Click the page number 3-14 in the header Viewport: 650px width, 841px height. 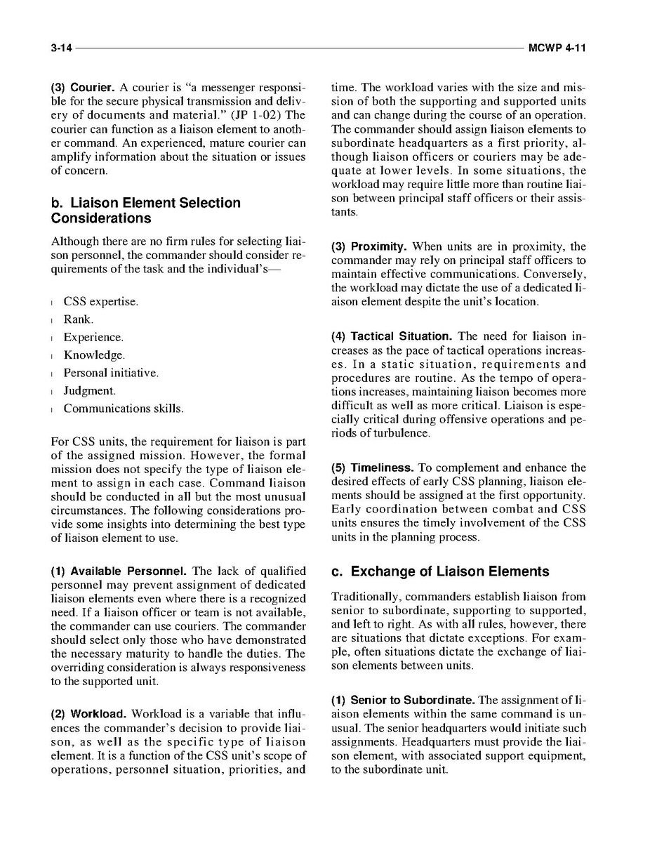coord(61,48)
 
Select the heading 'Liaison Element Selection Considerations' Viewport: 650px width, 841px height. coord(145,211)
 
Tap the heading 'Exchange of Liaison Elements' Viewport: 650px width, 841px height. coord(440,571)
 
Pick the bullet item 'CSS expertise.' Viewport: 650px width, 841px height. coord(100,302)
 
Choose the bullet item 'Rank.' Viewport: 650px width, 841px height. coord(78,319)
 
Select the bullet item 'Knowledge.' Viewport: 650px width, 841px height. coord(94,355)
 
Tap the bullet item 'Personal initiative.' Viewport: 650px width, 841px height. coord(111,373)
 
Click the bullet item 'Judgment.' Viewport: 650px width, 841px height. coord(89,390)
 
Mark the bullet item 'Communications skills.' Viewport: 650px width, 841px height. coord(124,409)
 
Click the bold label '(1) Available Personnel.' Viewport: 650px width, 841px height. coord(119,571)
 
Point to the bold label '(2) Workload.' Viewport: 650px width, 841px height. coord(88,715)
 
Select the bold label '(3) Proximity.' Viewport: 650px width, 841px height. coord(369,247)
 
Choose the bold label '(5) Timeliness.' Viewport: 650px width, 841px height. coord(372,468)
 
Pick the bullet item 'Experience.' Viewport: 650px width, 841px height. coord(93,338)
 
